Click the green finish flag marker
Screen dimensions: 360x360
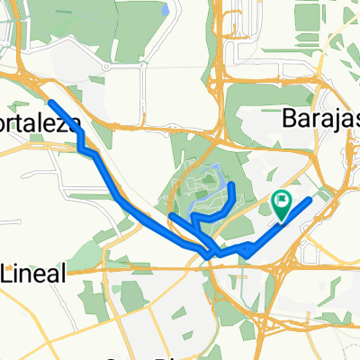(283, 204)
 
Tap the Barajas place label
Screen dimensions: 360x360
(319, 118)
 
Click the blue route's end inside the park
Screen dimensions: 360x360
(233, 184)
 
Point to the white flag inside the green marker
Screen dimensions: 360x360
(283, 201)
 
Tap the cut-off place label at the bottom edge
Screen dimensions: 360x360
(135, 355)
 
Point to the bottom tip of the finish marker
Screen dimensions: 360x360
(283, 220)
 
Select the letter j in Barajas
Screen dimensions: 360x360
(330, 120)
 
